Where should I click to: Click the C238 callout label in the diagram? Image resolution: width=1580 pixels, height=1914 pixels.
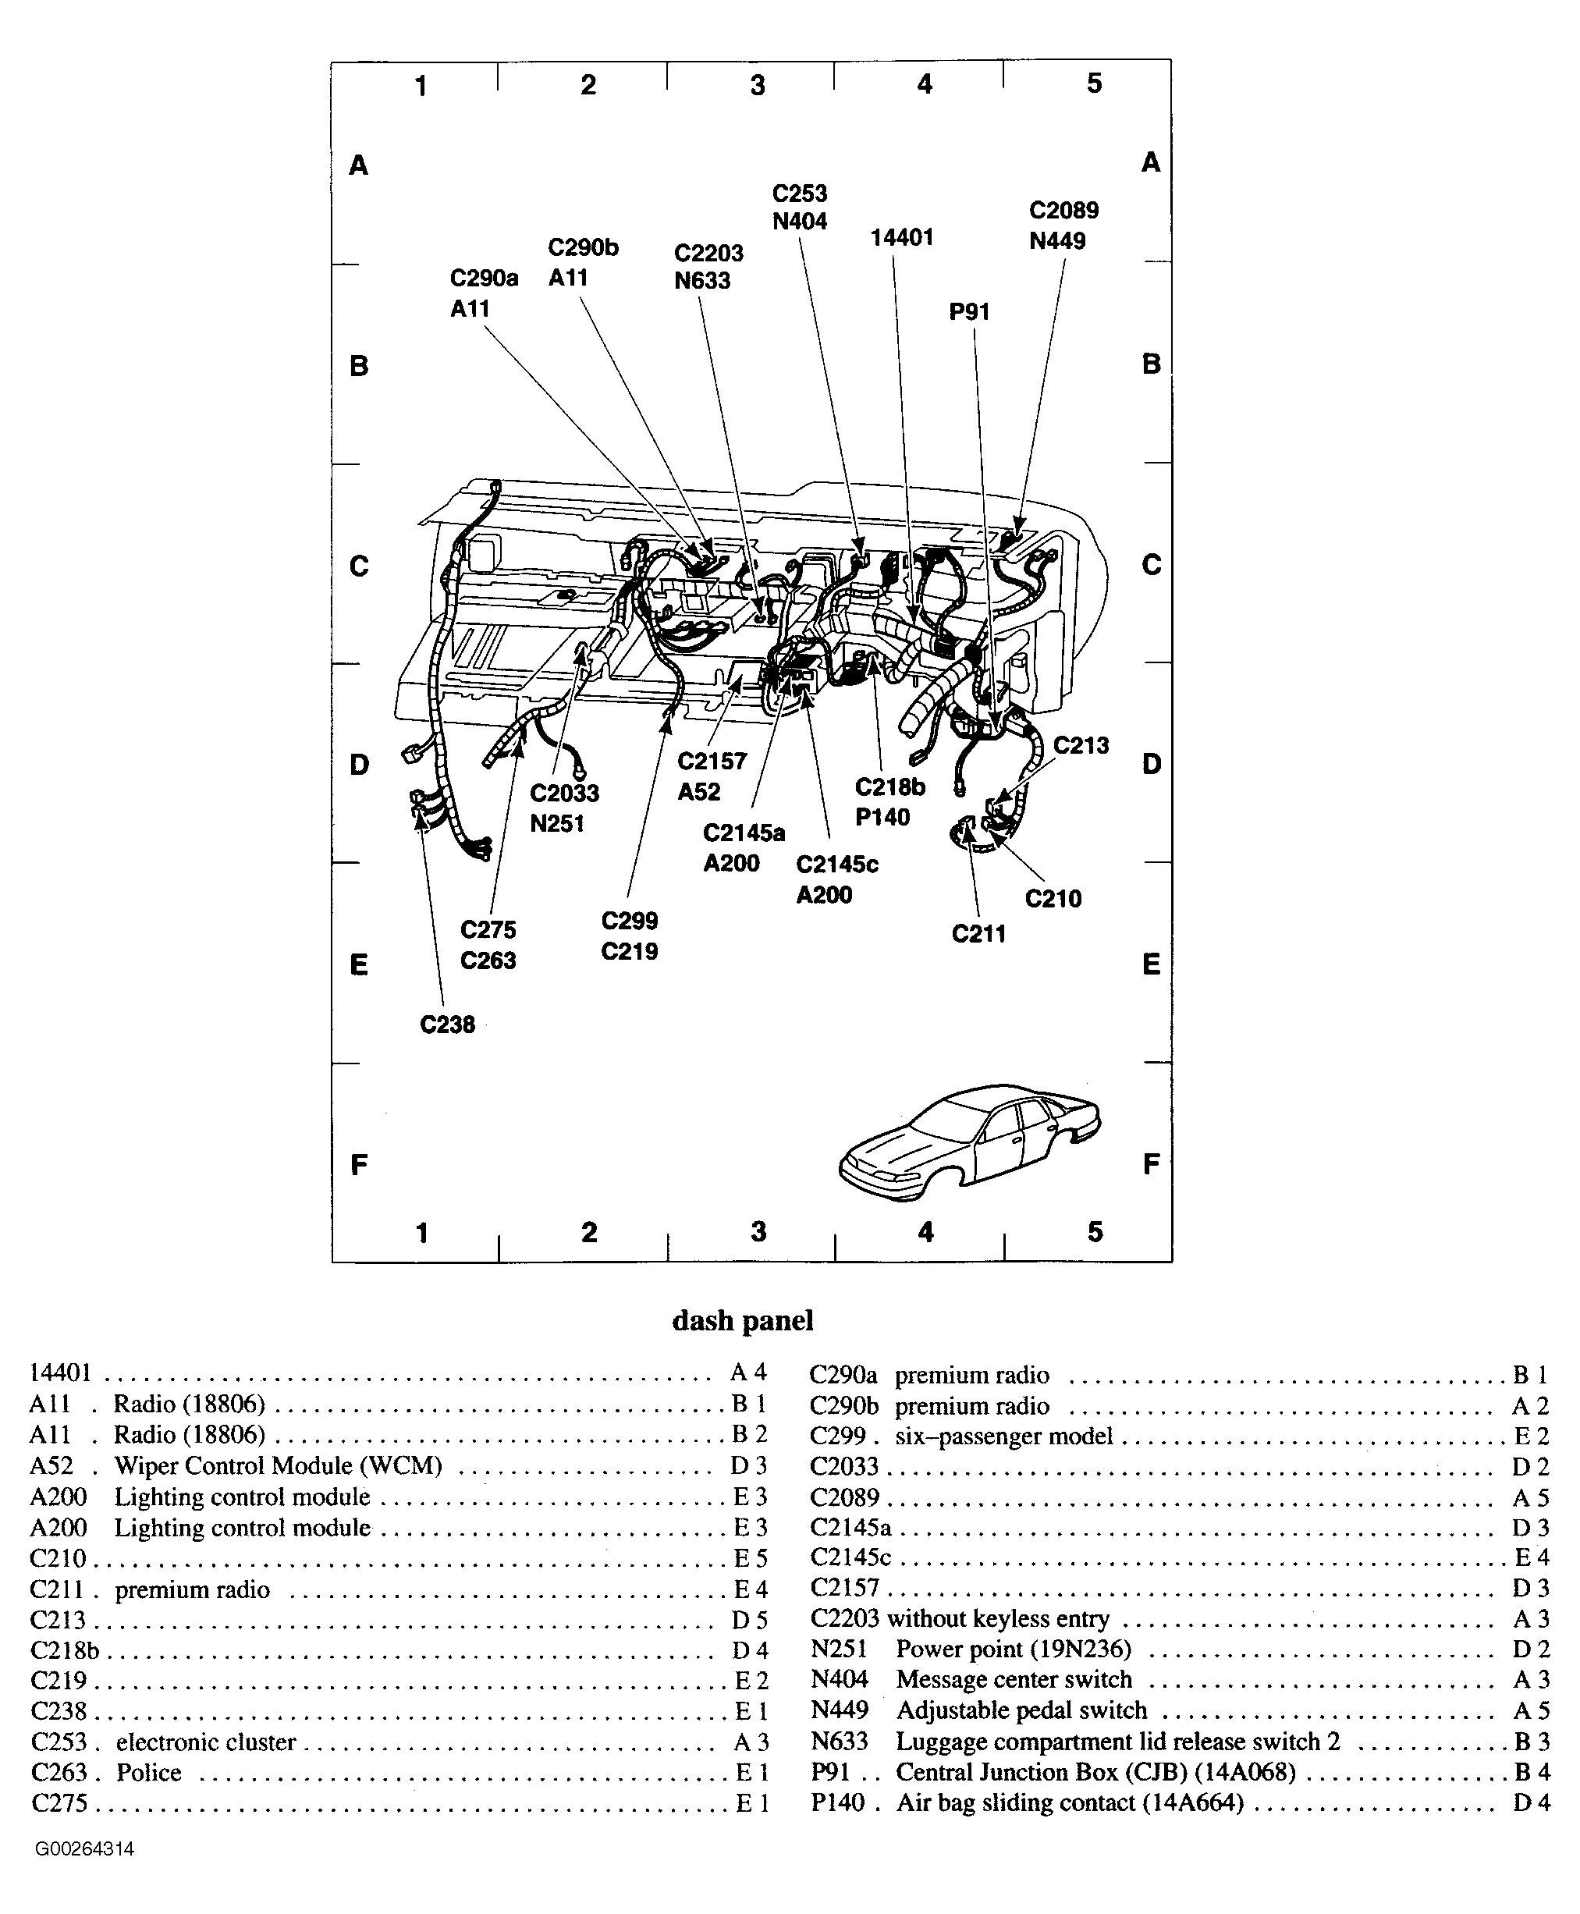click(447, 1024)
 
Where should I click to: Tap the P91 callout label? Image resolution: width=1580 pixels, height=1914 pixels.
click(969, 312)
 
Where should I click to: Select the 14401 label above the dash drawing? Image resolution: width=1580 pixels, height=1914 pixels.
click(902, 237)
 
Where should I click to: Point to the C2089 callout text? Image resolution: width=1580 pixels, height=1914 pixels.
click(1064, 210)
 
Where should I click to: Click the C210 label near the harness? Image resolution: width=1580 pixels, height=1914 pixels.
click(1053, 899)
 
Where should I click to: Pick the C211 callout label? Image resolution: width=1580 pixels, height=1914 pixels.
click(978, 934)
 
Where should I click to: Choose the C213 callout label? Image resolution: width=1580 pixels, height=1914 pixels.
click(1081, 745)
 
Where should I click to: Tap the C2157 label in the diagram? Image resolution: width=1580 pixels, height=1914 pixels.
click(712, 761)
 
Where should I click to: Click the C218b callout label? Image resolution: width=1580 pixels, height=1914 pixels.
click(890, 787)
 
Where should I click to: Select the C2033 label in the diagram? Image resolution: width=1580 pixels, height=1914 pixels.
click(564, 793)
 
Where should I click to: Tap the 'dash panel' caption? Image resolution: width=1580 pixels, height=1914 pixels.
click(743, 1320)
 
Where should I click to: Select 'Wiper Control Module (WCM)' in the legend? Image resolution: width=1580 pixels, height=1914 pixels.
click(278, 1465)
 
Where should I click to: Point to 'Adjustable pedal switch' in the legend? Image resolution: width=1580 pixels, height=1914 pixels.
click(1021, 1710)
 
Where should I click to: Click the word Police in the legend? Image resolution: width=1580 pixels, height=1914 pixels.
click(148, 1772)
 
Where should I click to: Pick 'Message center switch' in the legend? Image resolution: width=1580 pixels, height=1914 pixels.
click(1014, 1679)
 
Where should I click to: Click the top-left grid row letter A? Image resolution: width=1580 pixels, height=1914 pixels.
click(359, 165)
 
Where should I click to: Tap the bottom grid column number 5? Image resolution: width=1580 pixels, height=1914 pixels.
click(1095, 1232)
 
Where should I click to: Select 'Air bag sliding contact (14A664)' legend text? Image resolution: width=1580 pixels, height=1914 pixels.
click(1070, 1803)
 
